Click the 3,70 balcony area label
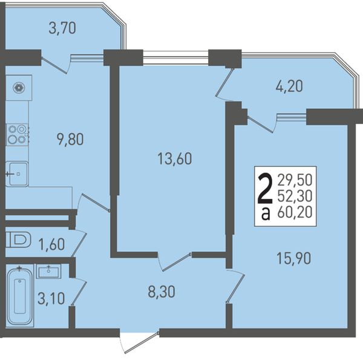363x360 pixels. coord(62,28)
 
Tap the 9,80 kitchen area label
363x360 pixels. coord(70,139)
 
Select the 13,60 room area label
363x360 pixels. coord(175,159)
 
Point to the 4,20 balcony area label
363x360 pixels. coord(289,86)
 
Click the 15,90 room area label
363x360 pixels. coord(293,258)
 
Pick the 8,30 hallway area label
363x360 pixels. coord(162,292)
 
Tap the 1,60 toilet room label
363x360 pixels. coord(51,244)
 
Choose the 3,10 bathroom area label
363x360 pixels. coord(51,298)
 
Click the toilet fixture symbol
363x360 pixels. coord(19,240)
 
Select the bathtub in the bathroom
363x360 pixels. coord(20,296)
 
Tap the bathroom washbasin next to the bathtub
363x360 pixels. coord(48,271)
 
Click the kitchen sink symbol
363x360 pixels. coord(17,174)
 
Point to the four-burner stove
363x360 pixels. coord(17,135)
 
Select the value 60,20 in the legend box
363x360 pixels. coord(295,212)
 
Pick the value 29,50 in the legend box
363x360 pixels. coord(295,180)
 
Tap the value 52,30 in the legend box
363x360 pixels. coord(295,196)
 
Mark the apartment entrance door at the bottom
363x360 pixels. coord(139,342)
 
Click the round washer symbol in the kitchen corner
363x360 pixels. coord(19,88)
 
